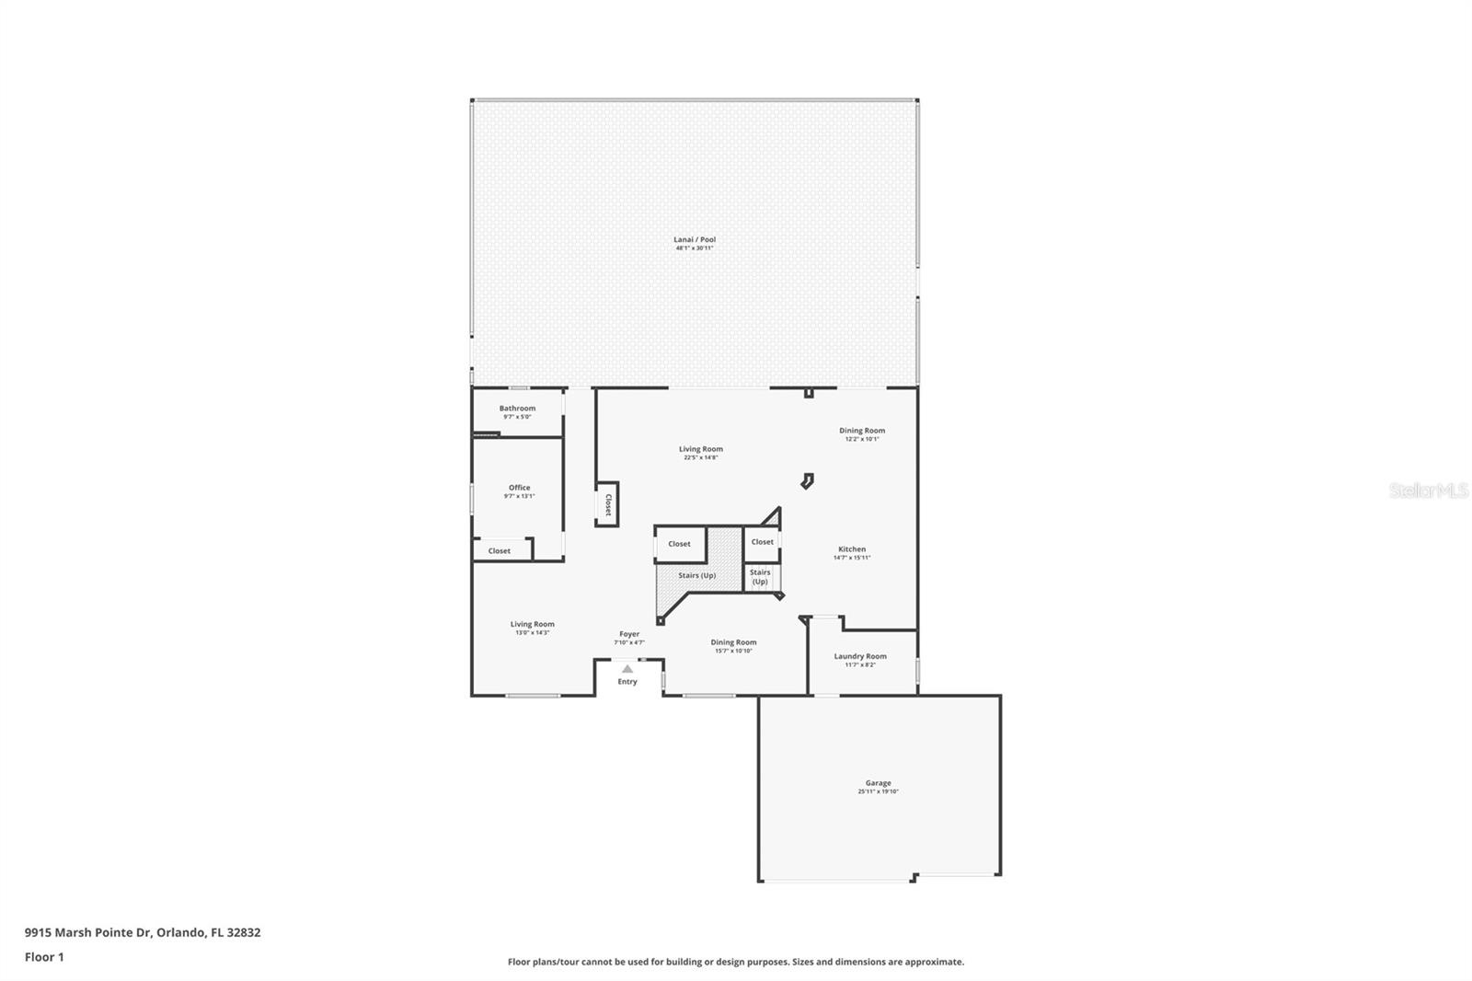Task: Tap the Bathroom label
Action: click(x=517, y=409)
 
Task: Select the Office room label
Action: click(x=519, y=488)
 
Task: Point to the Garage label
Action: click(x=878, y=783)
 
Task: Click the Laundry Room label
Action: click(x=860, y=656)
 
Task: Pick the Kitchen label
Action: click(x=851, y=549)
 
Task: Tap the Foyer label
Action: click(x=629, y=634)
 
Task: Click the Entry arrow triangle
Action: click(x=627, y=669)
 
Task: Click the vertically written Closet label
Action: click(x=608, y=505)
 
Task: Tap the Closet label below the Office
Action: click(x=500, y=551)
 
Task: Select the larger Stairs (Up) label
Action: click(x=696, y=576)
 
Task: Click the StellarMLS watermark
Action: click(x=1428, y=491)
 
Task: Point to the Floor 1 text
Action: click(x=44, y=957)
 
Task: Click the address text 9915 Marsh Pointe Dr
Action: click(x=143, y=932)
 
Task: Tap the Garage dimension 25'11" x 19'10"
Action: click(x=878, y=791)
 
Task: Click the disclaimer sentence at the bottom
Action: click(x=736, y=962)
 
